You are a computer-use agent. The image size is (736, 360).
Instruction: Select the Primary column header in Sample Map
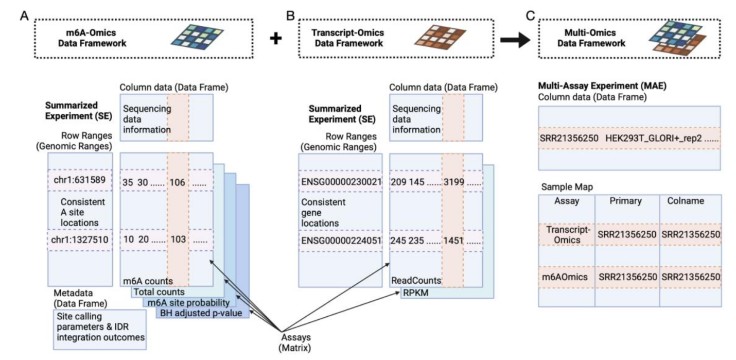click(x=625, y=201)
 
